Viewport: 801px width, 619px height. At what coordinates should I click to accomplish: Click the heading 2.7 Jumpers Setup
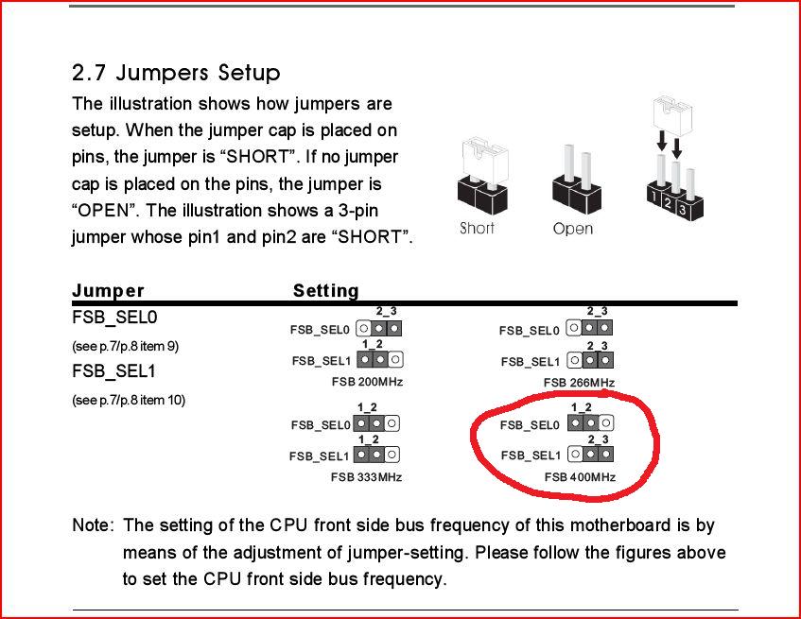[x=176, y=73]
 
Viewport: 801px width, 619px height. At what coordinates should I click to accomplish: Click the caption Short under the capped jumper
[x=477, y=228]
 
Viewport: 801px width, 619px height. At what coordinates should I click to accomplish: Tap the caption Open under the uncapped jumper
[x=573, y=228]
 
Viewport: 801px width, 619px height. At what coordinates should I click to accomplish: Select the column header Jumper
[x=108, y=290]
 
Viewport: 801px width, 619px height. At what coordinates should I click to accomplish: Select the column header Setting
[x=326, y=290]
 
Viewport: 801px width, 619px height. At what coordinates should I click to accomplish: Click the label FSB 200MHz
[x=367, y=382]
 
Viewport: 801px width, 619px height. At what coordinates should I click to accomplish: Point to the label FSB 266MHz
[x=579, y=382]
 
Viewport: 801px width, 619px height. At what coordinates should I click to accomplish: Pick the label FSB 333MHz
[x=366, y=477]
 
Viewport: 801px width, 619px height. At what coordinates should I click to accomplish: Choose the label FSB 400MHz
[x=580, y=477]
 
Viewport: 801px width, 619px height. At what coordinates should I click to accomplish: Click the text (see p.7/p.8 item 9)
[x=125, y=347]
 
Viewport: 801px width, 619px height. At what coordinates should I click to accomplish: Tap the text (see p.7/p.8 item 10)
[x=129, y=400]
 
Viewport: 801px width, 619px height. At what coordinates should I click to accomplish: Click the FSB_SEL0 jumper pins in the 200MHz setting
[x=378, y=328]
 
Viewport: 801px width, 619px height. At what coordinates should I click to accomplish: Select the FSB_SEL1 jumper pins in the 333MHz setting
[x=377, y=455]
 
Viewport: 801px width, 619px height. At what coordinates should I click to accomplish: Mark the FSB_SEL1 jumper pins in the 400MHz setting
[x=590, y=454]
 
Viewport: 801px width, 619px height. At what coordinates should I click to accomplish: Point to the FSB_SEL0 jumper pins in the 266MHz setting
[x=589, y=328]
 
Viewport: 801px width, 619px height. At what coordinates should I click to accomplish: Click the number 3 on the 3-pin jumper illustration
[x=682, y=209]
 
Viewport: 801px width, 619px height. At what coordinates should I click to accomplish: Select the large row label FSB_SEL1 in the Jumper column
[x=113, y=371]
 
